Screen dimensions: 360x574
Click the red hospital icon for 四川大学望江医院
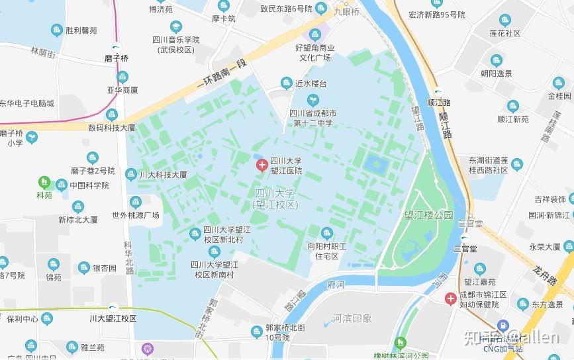pyautogui.click(x=262, y=163)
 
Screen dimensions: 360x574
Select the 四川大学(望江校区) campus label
pyautogui.click(x=277, y=199)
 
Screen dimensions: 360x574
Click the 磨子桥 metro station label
pyautogui.click(x=117, y=58)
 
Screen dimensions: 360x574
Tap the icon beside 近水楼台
pyautogui.click(x=286, y=83)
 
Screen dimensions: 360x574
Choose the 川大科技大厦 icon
pyautogui.click(x=131, y=175)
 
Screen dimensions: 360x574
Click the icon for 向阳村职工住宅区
pyautogui.click(x=326, y=233)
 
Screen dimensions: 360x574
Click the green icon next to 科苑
pyautogui.click(x=44, y=181)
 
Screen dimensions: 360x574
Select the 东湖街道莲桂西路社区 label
pyautogui.click(x=488, y=165)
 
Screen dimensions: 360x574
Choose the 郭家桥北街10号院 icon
pyautogui.click(x=256, y=331)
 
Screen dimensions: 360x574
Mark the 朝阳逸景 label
pyautogui.click(x=496, y=73)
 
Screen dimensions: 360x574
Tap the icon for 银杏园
pyautogui.click(x=83, y=268)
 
